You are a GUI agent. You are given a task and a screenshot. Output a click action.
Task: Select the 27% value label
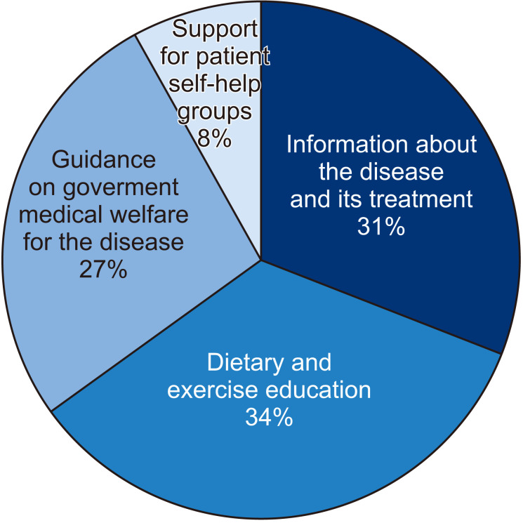[x=103, y=269]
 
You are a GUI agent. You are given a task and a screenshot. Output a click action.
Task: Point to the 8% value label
[x=214, y=138]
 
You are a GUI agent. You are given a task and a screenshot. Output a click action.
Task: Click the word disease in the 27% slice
[x=145, y=242]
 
